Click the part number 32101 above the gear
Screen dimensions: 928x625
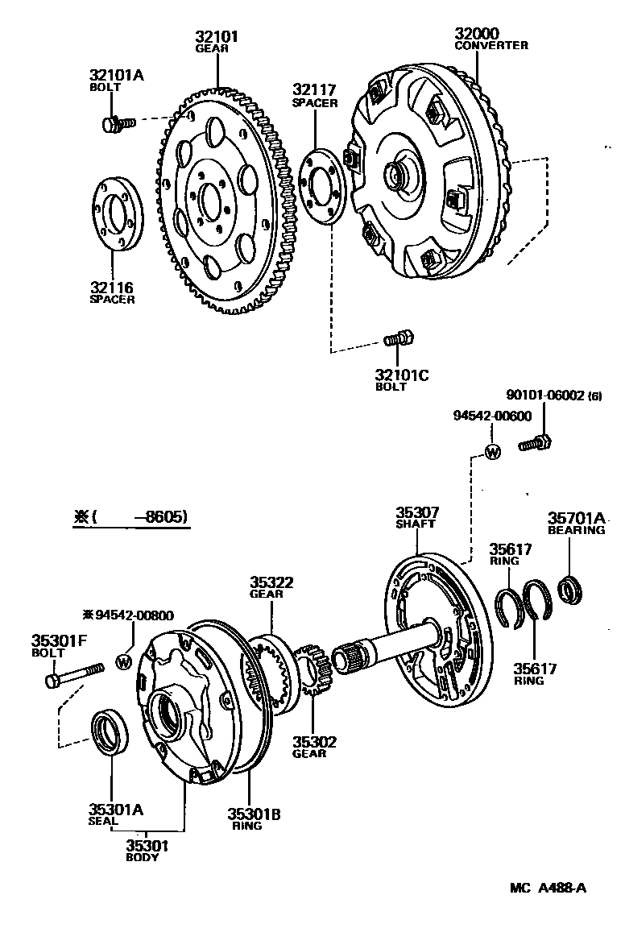pyautogui.click(x=217, y=36)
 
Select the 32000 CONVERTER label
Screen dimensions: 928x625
pyautogui.click(x=490, y=39)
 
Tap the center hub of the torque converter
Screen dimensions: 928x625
pyautogui.click(x=399, y=175)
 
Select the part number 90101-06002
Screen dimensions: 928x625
pyautogui.click(x=546, y=396)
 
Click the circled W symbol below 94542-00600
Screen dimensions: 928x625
pyautogui.click(x=493, y=452)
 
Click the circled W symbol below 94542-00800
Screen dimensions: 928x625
pyautogui.click(x=123, y=661)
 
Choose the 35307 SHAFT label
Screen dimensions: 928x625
pyautogui.click(x=416, y=516)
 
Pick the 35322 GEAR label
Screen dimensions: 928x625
pyautogui.click(x=271, y=587)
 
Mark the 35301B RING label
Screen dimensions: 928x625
pyautogui.click(x=253, y=818)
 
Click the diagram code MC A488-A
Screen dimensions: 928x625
pyautogui.click(x=548, y=889)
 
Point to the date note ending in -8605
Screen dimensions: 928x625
pyautogui.click(x=131, y=517)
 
